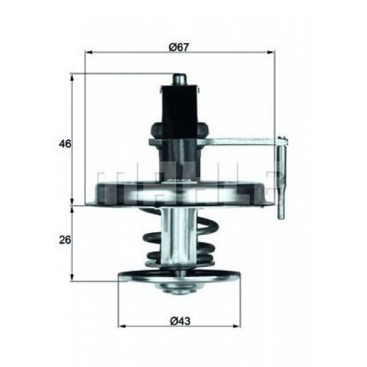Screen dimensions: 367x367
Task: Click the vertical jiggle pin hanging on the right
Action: point(282,180)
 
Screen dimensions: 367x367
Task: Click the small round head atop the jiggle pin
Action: point(284,139)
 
